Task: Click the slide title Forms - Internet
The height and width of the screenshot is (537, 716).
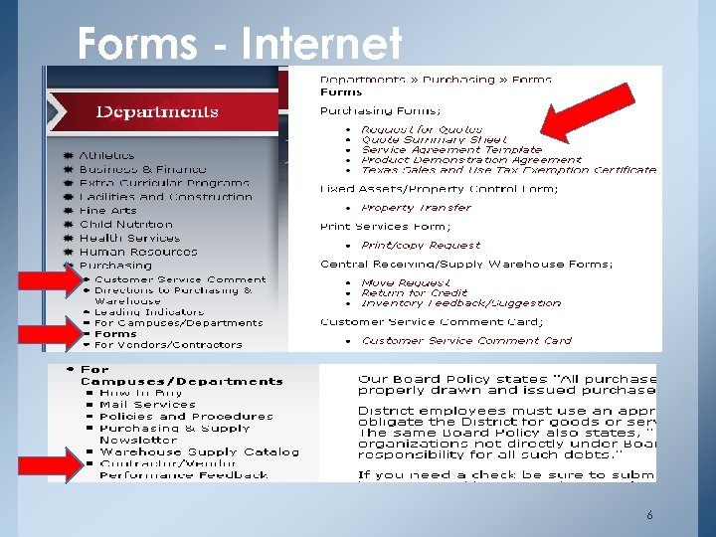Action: pyautogui.click(x=240, y=43)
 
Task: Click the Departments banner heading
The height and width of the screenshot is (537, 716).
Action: pyautogui.click(x=157, y=111)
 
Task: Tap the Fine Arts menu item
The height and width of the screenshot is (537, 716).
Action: pyautogui.click(x=107, y=211)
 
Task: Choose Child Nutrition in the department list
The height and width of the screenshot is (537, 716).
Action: pyautogui.click(x=125, y=225)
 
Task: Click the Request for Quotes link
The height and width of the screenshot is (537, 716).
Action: pyautogui.click(x=421, y=129)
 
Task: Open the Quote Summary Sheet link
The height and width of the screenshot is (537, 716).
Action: pyautogui.click(x=433, y=140)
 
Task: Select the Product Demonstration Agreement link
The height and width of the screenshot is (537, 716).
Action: pyautogui.click(x=470, y=160)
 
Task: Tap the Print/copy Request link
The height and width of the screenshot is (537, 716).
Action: pyautogui.click(x=420, y=245)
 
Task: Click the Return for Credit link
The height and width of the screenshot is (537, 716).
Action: pyautogui.click(x=416, y=293)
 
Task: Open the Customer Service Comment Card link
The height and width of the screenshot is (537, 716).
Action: pyautogui.click(x=465, y=340)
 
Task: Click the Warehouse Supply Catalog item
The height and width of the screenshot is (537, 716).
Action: pyautogui.click(x=198, y=451)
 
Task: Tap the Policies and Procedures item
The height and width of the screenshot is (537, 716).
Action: pyautogui.click(x=185, y=417)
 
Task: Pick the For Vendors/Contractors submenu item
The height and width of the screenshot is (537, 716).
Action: pyautogui.click(x=167, y=345)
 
